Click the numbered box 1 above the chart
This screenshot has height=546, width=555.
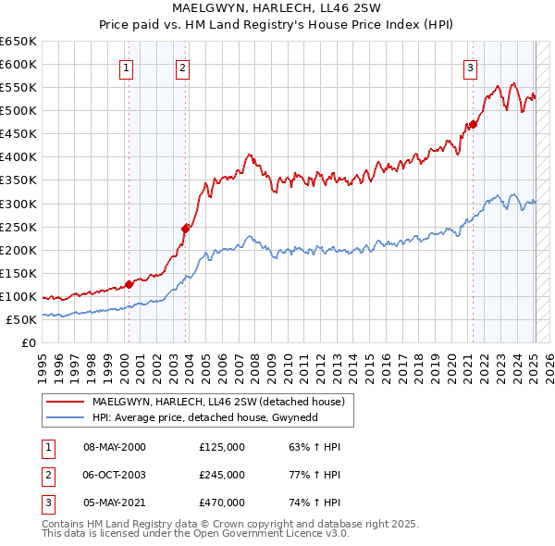pyautogui.click(x=125, y=67)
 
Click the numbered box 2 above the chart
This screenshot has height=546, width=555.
pyautogui.click(x=182, y=67)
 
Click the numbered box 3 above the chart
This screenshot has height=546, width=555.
pyautogui.click(x=470, y=67)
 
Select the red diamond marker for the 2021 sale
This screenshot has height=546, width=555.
pyautogui.click(x=473, y=124)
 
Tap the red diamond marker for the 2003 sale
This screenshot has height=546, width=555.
pyautogui.click(x=185, y=228)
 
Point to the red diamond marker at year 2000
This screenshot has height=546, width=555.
pyautogui.click(x=129, y=284)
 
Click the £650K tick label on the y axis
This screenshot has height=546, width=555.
pyautogui.click(x=18, y=42)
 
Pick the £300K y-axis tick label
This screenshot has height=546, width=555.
pyautogui.click(x=18, y=204)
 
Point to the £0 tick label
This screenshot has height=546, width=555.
pyautogui.click(x=28, y=342)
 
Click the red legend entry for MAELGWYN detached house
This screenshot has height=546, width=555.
pyautogui.click(x=218, y=402)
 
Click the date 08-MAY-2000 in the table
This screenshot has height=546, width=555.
pyautogui.click(x=115, y=447)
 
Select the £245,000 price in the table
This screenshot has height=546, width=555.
pyautogui.click(x=222, y=475)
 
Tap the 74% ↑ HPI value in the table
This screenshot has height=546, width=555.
pyautogui.click(x=315, y=503)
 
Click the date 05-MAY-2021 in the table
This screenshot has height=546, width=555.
pyautogui.click(x=115, y=503)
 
